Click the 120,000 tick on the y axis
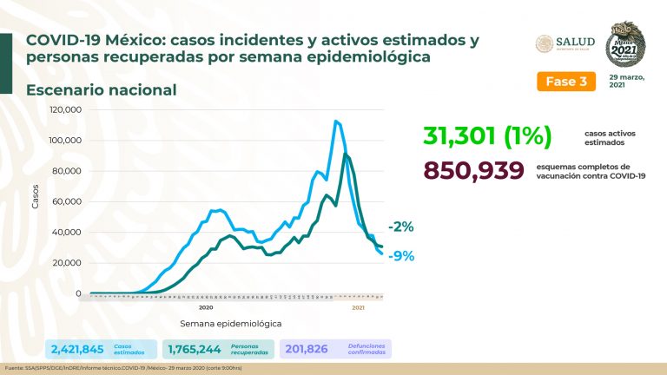67,110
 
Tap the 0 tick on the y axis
78,293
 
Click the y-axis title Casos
36,200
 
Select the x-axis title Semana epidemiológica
230,323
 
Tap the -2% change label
400,227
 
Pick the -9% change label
400,256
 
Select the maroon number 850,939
473,171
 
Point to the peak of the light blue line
335,122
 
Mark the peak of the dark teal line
346,155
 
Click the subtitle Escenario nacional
102,90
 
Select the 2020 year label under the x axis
206,307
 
